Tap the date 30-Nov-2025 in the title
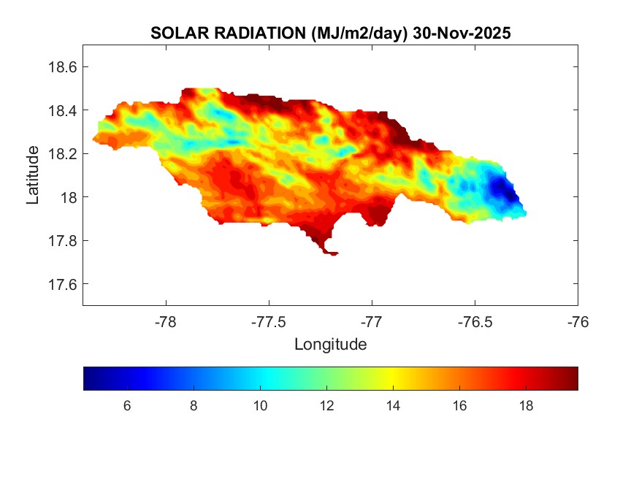click(461, 34)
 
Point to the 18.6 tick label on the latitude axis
click(62, 67)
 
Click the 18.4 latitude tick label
click(62, 110)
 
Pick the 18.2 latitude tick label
click(62, 154)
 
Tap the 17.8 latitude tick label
click(62, 241)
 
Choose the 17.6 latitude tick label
click(62, 284)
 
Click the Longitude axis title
click(330, 344)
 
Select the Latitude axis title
click(33, 175)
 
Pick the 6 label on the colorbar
click(127, 406)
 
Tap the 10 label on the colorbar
click(259, 406)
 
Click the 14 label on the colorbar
click(392, 406)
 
